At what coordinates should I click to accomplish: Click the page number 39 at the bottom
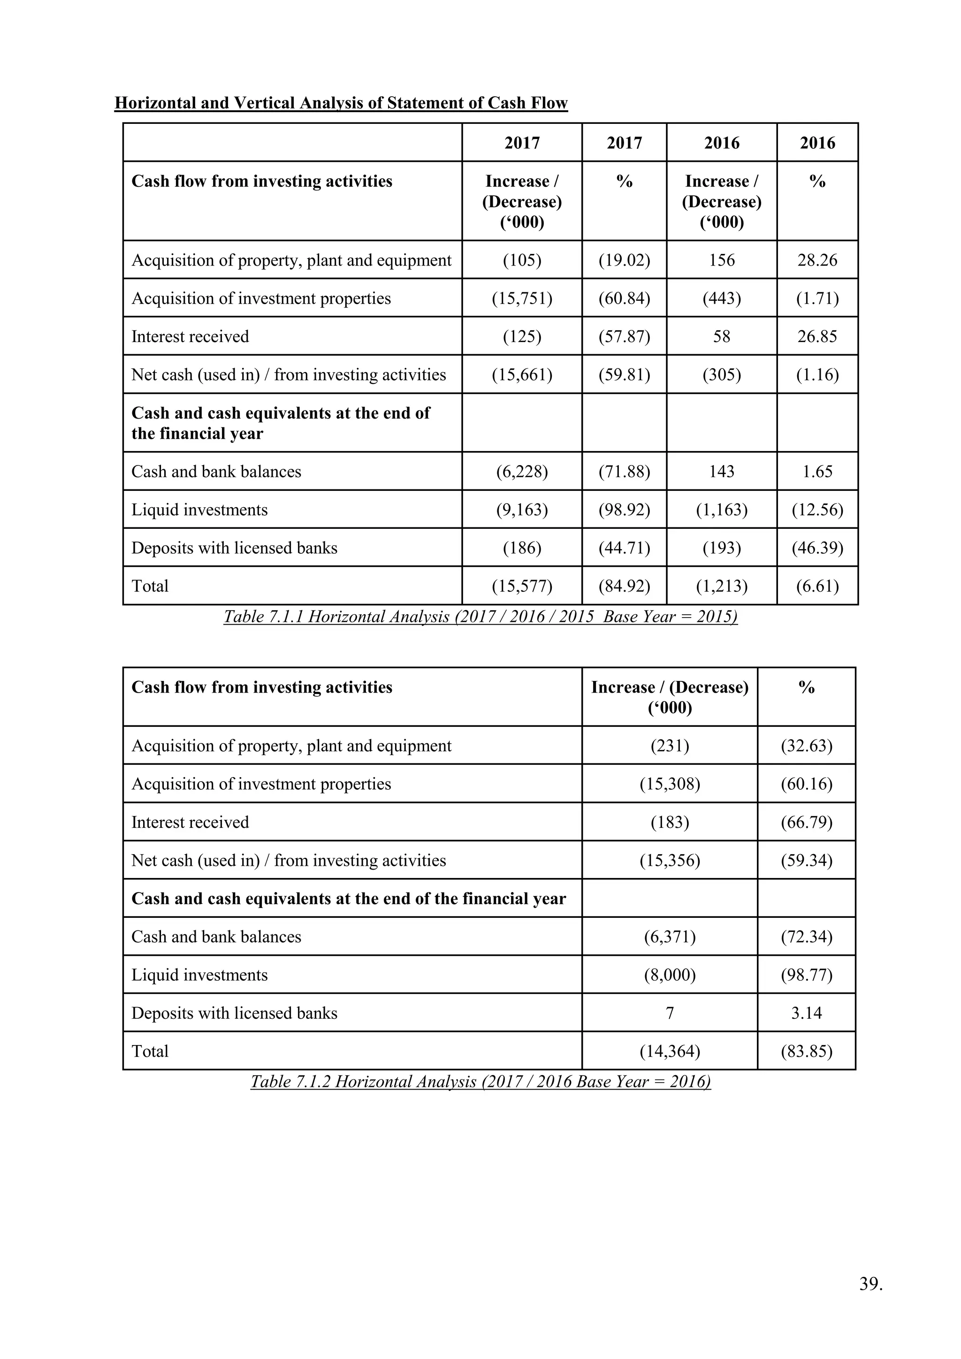click(870, 1284)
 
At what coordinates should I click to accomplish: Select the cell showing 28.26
click(817, 260)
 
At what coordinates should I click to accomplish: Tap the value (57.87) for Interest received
click(624, 337)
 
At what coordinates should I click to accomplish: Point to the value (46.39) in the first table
click(817, 548)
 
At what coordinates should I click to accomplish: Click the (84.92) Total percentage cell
click(624, 586)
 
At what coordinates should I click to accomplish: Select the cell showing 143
click(721, 472)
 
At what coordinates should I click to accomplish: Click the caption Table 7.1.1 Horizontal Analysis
click(480, 617)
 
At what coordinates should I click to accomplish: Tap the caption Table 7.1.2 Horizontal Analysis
click(480, 1082)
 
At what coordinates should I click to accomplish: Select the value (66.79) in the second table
click(806, 822)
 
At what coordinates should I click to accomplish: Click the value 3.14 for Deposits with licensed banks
click(806, 1013)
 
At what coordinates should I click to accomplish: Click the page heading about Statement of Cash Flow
click(341, 103)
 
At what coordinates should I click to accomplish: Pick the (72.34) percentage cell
click(806, 937)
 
